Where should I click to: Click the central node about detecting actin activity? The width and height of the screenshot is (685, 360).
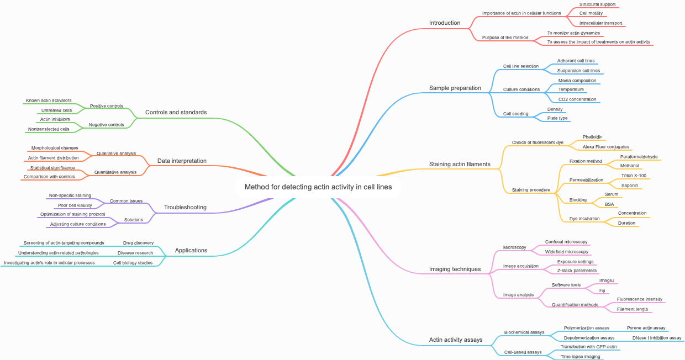(318, 187)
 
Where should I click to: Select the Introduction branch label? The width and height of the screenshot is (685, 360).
(445, 23)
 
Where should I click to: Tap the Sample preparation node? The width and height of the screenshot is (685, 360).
(455, 88)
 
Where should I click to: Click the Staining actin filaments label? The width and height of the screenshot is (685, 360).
(460, 165)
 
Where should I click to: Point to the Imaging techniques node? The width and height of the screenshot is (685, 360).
(455, 269)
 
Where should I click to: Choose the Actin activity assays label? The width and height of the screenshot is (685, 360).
(455, 340)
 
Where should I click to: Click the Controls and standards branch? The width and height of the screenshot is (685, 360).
(176, 113)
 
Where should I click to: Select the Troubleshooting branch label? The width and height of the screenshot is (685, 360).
(185, 208)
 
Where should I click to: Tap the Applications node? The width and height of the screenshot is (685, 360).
(191, 251)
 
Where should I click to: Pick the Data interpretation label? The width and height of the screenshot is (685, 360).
(182, 161)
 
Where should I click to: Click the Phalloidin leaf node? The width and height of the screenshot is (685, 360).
(593, 137)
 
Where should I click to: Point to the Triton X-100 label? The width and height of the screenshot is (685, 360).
(634, 176)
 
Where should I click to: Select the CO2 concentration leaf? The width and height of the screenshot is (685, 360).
(577, 100)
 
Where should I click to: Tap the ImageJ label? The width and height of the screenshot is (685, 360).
(607, 280)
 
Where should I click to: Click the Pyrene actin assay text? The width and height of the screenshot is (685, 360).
(646, 328)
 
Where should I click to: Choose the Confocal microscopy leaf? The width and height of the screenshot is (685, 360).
(566, 242)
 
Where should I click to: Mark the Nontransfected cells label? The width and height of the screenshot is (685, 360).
(49, 129)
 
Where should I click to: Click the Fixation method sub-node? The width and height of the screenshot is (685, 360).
(586, 161)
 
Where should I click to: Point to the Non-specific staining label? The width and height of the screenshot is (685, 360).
(70, 195)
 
